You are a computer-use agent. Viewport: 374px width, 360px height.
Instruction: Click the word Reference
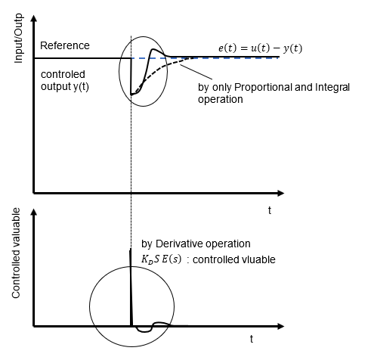65,45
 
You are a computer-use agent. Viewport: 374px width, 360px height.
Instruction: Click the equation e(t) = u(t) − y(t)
260,48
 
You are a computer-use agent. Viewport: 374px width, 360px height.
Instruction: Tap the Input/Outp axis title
18,39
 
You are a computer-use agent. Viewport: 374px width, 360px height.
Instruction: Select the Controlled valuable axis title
16,253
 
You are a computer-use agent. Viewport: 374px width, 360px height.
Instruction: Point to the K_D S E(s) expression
161,259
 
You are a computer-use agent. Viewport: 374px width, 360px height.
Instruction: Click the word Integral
332,87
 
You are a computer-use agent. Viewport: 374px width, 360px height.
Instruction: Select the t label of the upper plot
270,210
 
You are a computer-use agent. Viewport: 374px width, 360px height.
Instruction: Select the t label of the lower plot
252,339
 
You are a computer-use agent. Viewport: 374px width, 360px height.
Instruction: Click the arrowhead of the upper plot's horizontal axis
280,194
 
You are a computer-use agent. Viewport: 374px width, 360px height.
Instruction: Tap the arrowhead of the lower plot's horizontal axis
280,326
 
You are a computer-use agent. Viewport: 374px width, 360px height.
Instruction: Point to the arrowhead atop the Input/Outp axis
33,18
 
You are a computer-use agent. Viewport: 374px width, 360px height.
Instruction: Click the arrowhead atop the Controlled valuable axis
33,212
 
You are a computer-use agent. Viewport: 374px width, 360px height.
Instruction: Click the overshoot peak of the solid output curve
153,49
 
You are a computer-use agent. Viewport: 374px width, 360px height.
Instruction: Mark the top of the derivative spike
130,250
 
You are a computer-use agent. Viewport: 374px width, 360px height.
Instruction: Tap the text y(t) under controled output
81,87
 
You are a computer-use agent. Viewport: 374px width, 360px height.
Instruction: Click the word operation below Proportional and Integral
221,100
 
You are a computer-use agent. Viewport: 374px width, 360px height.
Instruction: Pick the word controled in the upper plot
63,74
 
